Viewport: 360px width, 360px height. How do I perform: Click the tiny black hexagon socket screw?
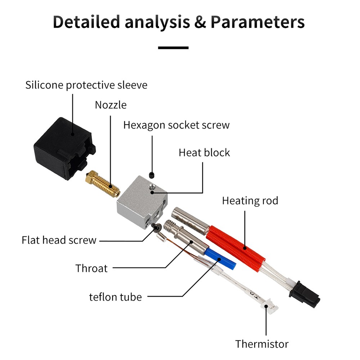152,175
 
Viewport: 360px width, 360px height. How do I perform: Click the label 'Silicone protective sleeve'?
86,85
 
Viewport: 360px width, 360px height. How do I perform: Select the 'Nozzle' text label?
111,105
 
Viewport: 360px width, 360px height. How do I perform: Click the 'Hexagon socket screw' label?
176,125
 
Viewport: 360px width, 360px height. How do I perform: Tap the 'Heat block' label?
204,153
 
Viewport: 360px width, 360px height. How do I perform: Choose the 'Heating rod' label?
250,201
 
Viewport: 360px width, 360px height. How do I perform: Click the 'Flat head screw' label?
59,240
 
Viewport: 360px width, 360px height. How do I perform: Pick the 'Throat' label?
91,268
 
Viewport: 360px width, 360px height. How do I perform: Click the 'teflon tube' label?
115,297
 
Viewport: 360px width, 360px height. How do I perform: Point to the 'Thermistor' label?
262,344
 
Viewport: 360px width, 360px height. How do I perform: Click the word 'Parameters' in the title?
257,22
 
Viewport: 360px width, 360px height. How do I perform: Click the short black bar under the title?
174,48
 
